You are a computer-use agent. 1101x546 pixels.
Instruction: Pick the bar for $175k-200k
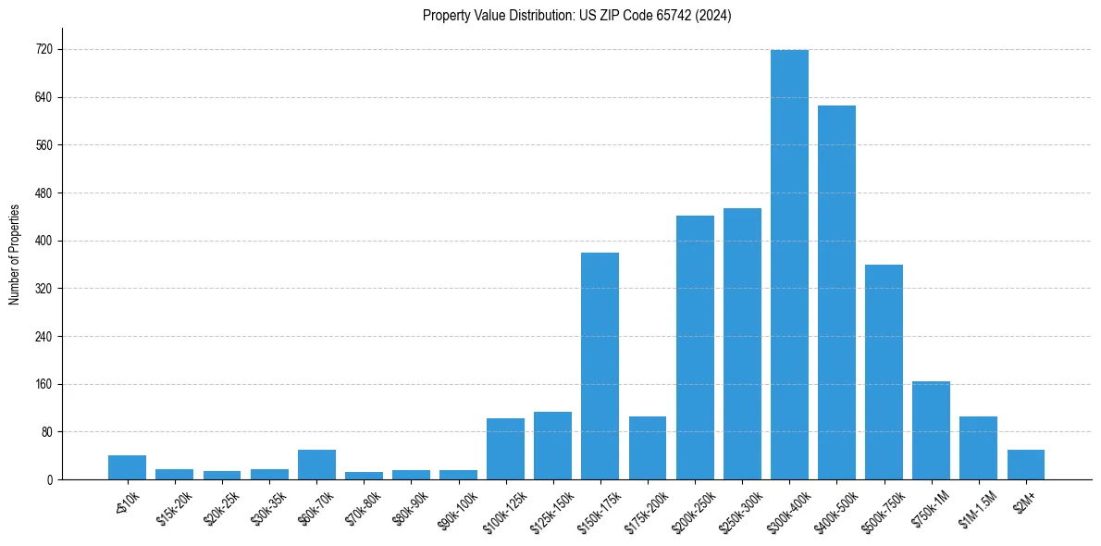pos(648,448)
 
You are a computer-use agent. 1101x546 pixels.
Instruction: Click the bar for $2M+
pos(1026,465)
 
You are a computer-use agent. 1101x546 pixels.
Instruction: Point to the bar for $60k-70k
pos(316,465)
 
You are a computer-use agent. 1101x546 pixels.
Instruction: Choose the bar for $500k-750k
pos(884,372)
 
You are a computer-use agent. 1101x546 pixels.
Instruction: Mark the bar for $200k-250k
pos(695,347)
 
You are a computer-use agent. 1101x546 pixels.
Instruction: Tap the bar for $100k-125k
pos(505,449)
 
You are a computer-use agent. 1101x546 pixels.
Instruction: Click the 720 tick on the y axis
pos(43,50)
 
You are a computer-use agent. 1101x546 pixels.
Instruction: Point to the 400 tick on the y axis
pos(43,241)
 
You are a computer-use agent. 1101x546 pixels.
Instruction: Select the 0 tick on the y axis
pos(50,479)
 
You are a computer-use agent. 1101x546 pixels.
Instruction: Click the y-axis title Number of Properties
pos(14,254)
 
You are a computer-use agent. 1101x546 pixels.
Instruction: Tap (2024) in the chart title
pos(714,16)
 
